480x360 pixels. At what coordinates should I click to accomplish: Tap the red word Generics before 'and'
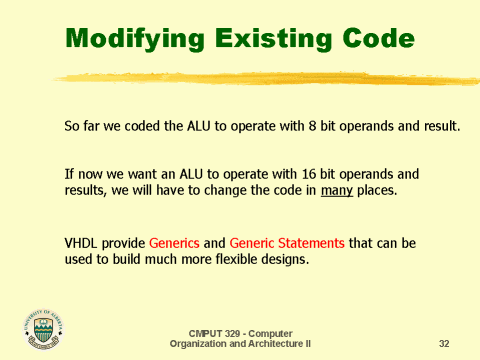176,243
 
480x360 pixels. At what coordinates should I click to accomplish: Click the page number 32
444,344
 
